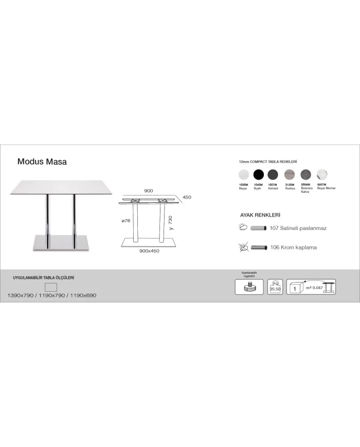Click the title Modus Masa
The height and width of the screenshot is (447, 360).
click(x=42, y=162)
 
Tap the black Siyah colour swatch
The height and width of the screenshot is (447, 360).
click(x=258, y=174)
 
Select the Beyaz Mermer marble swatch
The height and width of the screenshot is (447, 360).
click(x=322, y=174)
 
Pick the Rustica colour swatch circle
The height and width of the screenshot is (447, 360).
click(x=290, y=174)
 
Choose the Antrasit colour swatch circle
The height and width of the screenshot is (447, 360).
click(x=274, y=174)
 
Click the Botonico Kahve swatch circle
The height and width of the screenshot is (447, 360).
click(x=306, y=174)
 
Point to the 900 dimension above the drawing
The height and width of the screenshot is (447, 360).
click(x=149, y=191)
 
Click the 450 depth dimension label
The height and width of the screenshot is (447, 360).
click(x=187, y=196)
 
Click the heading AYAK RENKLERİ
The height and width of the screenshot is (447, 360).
click(x=260, y=215)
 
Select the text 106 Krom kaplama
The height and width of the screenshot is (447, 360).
click(x=294, y=247)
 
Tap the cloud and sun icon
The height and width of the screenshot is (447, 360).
click(x=243, y=227)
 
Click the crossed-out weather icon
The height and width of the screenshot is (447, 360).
click(x=243, y=247)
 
